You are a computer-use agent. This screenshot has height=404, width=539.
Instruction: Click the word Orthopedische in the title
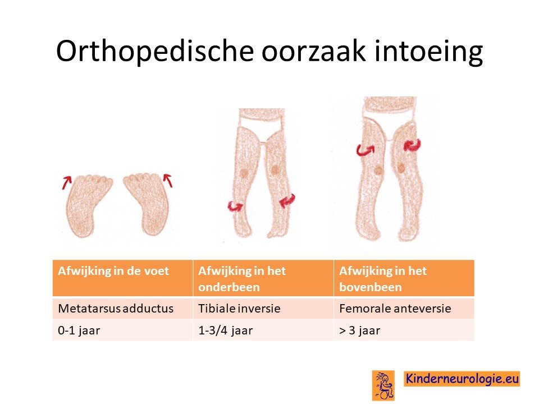point(155,51)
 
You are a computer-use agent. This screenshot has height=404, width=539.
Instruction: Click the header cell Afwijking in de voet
point(122,278)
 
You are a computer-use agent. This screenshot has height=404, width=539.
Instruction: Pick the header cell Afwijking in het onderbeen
point(263,278)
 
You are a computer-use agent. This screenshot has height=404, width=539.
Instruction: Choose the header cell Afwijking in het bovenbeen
point(404,278)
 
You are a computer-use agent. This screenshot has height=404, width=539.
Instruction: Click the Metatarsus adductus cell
point(122,308)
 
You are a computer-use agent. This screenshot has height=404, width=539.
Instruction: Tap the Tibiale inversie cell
point(263,308)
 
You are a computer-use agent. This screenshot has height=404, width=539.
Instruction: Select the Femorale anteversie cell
point(404,308)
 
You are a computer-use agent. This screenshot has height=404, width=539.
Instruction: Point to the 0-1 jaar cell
point(122,330)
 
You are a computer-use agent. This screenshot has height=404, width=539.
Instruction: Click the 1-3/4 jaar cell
point(263,330)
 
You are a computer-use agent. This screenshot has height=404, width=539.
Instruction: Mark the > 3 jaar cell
point(404,330)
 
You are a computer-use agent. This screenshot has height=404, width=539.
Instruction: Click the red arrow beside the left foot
point(67,182)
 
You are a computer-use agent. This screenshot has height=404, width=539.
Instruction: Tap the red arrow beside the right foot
point(168,180)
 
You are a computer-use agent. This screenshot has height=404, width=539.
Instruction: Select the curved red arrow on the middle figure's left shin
point(235,206)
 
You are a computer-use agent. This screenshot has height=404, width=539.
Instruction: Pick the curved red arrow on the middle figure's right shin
point(287,200)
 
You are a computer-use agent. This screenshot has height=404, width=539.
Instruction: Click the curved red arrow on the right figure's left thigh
point(365,150)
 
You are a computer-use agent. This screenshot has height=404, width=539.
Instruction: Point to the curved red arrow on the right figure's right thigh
point(412,145)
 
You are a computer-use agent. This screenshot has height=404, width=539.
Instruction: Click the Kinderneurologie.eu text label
point(462,379)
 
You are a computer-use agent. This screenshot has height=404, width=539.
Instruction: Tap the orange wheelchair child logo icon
point(383,385)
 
